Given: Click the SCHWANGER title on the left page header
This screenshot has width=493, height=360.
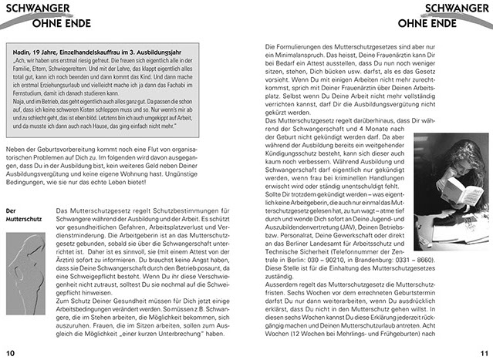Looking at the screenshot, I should coord(35,9).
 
